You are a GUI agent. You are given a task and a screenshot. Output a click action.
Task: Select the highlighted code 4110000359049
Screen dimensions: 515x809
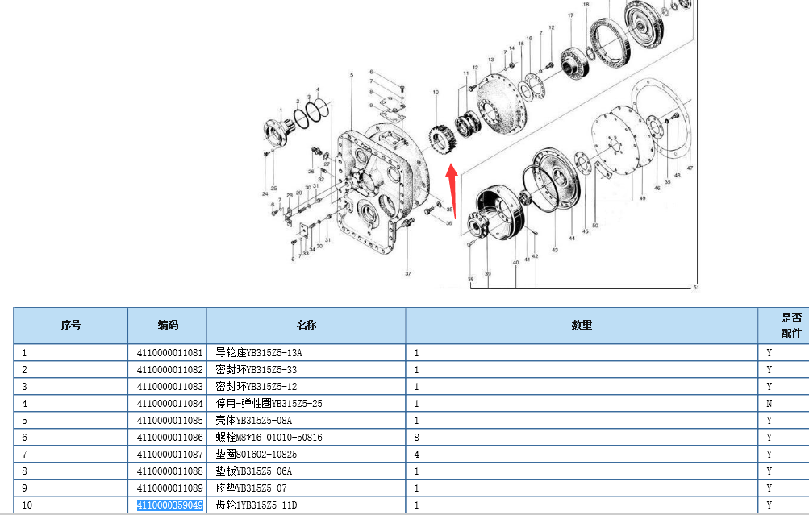tap(169, 505)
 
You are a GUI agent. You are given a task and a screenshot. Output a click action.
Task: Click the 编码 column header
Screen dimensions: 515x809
tap(168, 326)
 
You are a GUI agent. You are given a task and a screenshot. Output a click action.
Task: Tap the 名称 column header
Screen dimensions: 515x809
tap(306, 326)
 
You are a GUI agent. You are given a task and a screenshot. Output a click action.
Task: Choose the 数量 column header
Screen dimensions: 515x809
tap(581, 326)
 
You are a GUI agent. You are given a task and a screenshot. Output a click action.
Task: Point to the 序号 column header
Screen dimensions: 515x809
tap(71, 326)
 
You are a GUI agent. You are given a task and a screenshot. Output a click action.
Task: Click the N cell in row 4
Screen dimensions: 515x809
tap(769, 403)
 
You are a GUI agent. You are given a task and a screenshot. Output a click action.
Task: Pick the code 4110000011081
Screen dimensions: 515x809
tap(169, 352)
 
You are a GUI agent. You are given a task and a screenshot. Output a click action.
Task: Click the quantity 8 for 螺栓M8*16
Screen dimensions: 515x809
tap(417, 437)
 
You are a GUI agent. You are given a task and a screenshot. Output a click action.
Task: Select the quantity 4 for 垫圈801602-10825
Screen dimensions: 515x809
tap(417, 454)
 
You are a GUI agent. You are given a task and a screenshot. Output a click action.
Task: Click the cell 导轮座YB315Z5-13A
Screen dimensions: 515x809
tap(258, 352)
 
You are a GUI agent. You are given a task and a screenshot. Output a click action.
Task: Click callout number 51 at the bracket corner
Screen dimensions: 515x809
tap(696, 287)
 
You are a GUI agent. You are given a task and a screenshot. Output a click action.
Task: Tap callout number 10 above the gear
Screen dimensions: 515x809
tap(436, 93)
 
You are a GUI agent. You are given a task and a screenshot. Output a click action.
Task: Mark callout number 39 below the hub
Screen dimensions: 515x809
tap(488, 275)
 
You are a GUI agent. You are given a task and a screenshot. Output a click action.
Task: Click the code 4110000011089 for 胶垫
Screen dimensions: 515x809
tap(169, 488)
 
